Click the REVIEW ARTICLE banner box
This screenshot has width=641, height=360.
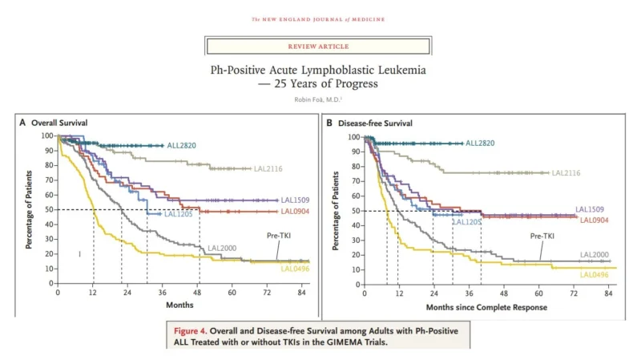319,46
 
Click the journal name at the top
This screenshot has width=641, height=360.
319,18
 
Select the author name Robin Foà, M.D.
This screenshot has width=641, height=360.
319,99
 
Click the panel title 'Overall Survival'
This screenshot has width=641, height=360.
59,123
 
